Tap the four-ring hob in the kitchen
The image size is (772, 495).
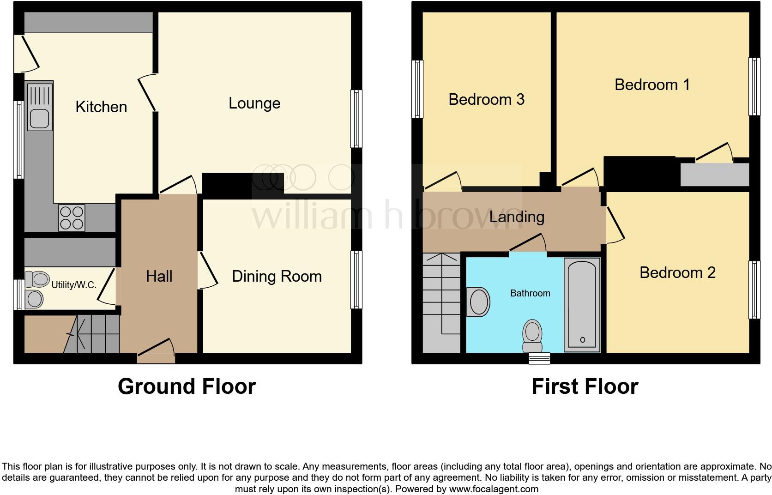pyautogui.click(x=72, y=217)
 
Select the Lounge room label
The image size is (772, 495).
pyautogui.click(x=254, y=103)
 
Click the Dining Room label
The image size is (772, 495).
pyautogui.click(x=277, y=276)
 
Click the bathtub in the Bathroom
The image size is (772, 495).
pyautogui.click(x=582, y=305)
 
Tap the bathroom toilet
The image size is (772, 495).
pyautogui.click(x=532, y=336)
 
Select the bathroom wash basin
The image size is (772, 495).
pyautogui.click(x=478, y=302)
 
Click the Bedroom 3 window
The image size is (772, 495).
pyautogui.click(x=417, y=89)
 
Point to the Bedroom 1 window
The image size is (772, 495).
pyautogui.click(x=754, y=86)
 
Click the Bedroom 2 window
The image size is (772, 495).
pyautogui.click(x=754, y=290)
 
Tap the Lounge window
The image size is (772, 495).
pyautogui.click(x=356, y=119)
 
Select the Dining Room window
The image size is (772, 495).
pyautogui.click(x=356, y=279)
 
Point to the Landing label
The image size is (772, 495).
pyautogui.click(x=517, y=217)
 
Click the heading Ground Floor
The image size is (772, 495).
pyautogui.click(x=187, y=386)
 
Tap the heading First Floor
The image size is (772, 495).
pyautogui.click(x=585, y=386)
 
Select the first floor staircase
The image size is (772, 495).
pyautogui.click(x=441, y=300)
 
